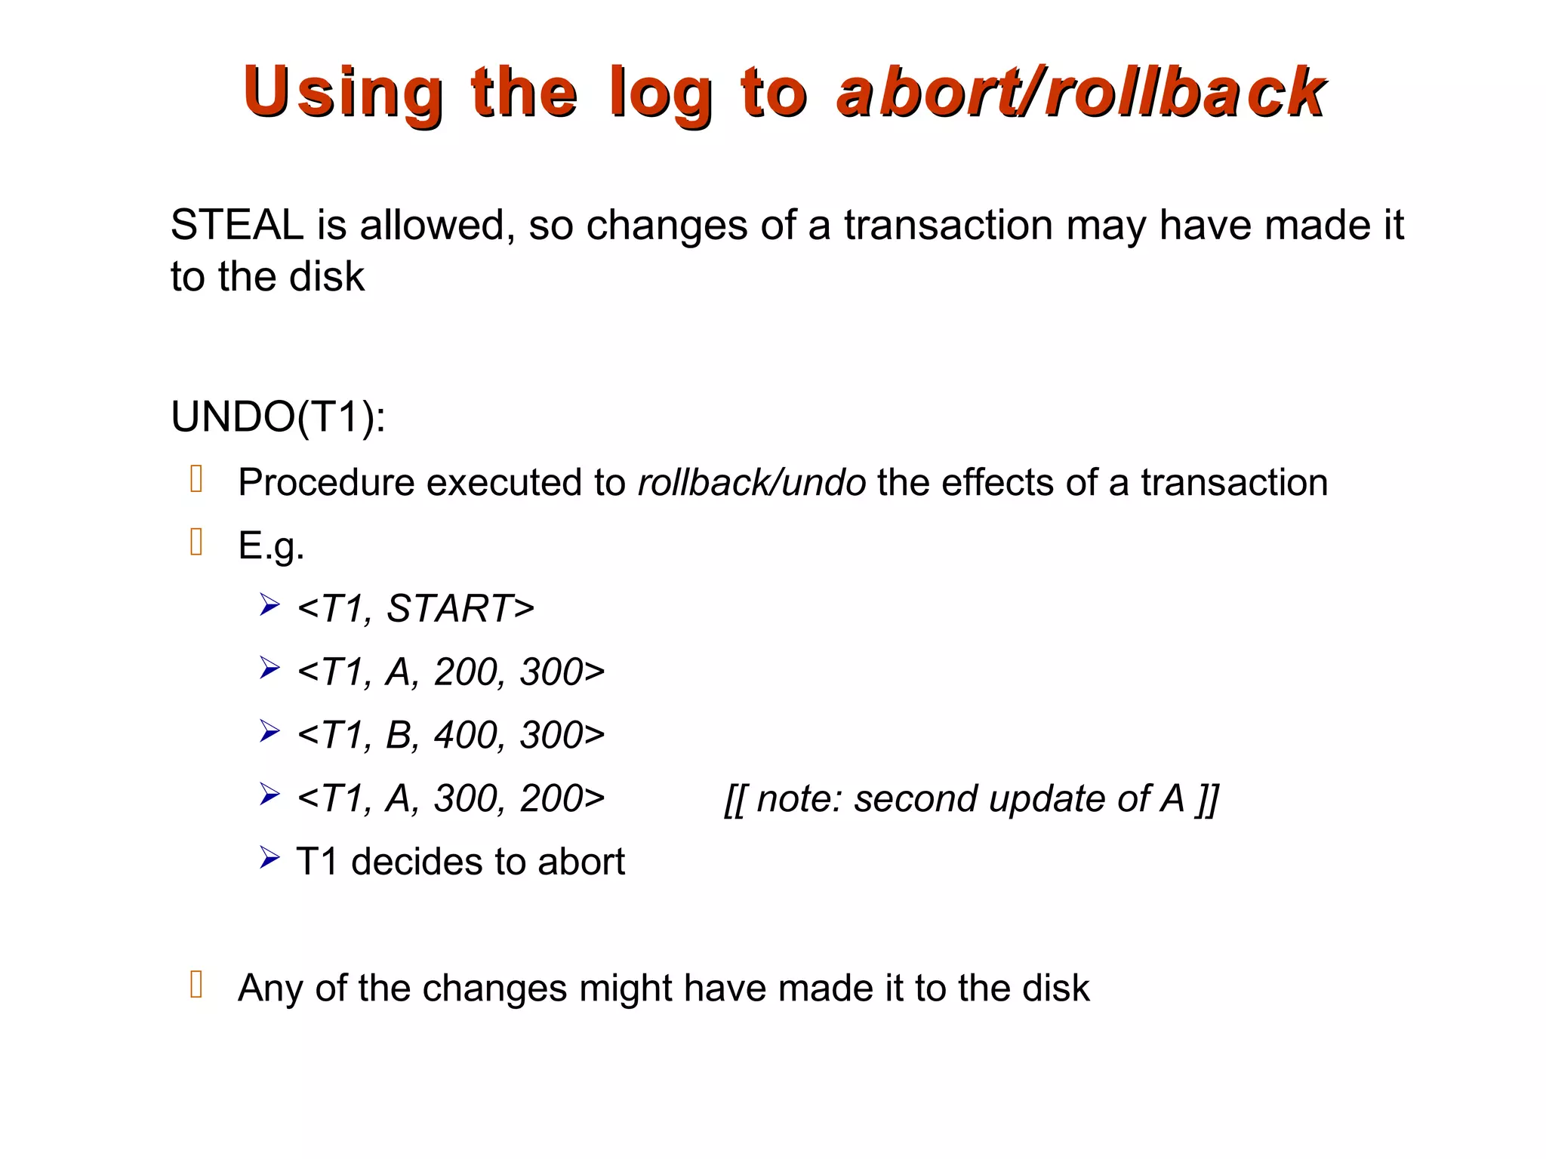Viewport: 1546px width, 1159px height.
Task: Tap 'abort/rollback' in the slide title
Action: (x=1080, y=93)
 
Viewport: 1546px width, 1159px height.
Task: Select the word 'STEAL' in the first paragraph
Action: (x=237, y=225)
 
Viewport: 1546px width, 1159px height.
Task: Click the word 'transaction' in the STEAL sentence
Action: (x=948, y=225)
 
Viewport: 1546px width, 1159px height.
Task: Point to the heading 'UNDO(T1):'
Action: (x=278, y=417)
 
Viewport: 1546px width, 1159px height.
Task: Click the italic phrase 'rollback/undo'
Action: (x=751, y=482)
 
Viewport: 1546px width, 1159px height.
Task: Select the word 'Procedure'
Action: (x=325, y=482)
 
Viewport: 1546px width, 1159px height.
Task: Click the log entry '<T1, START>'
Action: (x=416, y=608)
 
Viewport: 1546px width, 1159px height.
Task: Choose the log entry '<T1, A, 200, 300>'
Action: (x=451, y=672)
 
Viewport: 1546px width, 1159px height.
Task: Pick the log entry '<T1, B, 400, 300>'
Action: (x=451, y=735)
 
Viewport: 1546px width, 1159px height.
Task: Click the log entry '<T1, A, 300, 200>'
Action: (x=451, y=798)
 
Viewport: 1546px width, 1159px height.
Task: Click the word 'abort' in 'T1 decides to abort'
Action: (x=581, y=862)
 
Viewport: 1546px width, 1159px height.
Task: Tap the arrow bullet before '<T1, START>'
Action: (x=269, y=605)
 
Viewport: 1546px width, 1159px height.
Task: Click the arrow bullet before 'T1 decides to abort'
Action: (x=269, y=858)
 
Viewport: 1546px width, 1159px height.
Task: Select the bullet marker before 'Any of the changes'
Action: (x=197, y=985)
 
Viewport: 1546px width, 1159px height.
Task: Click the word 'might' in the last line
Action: (x=625, y=988)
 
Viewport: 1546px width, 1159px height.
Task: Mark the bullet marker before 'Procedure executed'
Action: (x=197, y=479)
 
